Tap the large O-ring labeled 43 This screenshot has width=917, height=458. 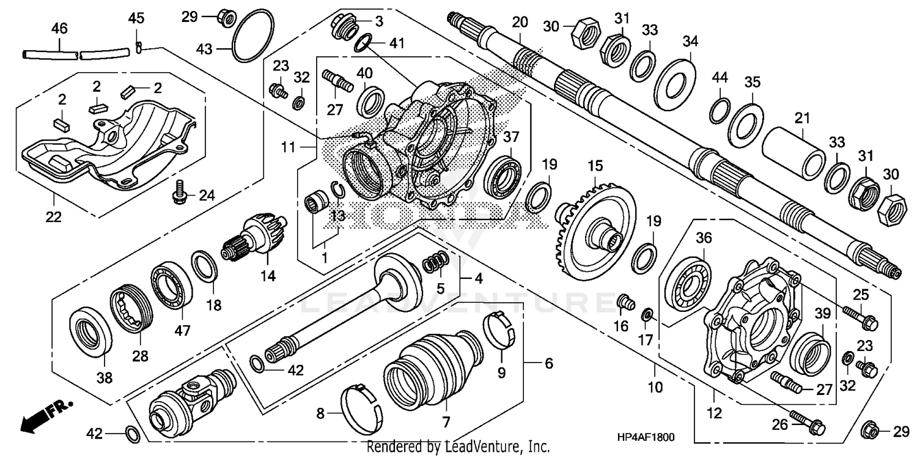[252, 35]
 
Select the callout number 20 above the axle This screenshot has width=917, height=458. [519, 23]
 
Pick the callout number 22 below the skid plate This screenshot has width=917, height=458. [54, 217]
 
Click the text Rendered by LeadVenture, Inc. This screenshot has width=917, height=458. [458, 447]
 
